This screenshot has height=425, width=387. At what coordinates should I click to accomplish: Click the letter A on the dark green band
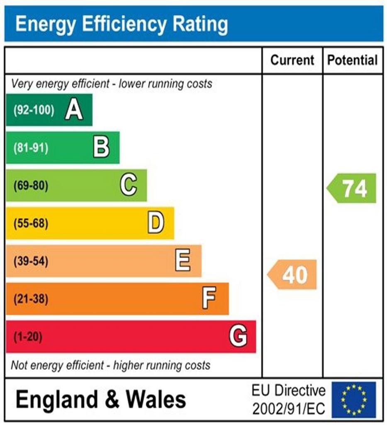click(x=74, y=110)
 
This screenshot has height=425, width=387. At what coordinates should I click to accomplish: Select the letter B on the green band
click(x=101, y=147)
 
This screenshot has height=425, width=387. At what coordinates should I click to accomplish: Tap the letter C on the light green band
click(x=129, y=185)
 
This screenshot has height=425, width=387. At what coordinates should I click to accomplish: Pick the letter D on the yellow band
click(x=156, y=223)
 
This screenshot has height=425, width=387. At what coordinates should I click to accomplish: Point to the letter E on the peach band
click(x=183, y=261)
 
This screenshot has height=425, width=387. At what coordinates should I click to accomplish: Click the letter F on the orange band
click(x=209, y=298)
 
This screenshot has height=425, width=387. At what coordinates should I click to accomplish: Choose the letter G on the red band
click(x=238, y=336)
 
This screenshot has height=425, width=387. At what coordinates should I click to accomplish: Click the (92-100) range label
click(x=34, y=110)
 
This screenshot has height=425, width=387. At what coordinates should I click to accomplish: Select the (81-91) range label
click(x=31, y=148)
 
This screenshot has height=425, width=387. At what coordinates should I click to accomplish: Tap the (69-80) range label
click(x=31, y=186)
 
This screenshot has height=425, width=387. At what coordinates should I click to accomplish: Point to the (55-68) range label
click(x=31, y=223)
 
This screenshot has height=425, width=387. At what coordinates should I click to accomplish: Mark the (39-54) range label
click(x=31, y=261)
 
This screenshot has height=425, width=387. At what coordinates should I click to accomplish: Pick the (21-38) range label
click(x=31, y=299)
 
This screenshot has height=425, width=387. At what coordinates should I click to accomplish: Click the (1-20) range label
click(x=28, y=337)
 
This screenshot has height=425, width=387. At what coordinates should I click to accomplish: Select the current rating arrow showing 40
click(x=292, y=274)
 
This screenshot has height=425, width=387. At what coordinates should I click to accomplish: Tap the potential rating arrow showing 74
click(x=352, y=188)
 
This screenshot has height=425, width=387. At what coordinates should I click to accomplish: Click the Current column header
click(x=292, y=61)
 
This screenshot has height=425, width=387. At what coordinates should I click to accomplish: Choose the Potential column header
click(x=353, y=61)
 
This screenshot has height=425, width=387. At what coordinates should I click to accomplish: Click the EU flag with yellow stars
click(x=353, y=400)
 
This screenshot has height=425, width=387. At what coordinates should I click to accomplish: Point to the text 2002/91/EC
click(x=289, y=409)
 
